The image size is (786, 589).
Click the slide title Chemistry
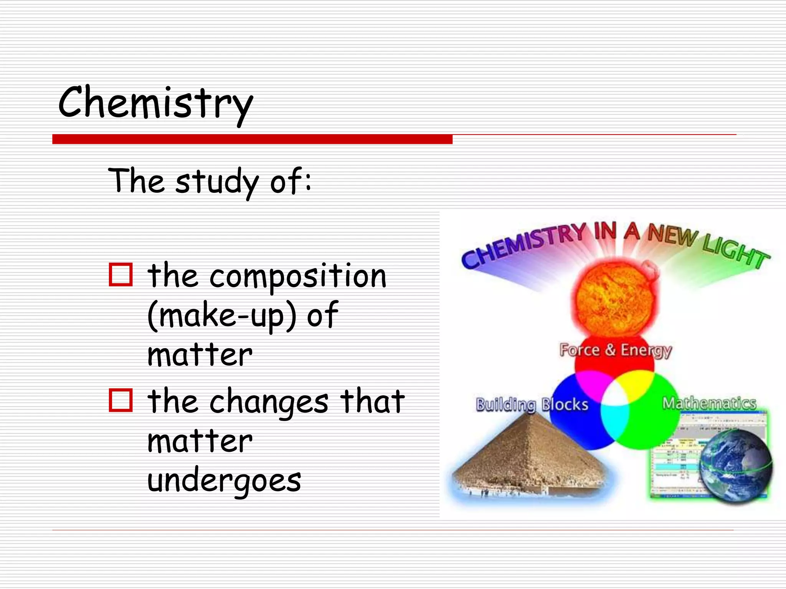[x=155, y=103]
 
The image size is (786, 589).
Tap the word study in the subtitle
[x=217, y=182]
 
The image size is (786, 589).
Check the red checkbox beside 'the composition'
[x=121, y=275]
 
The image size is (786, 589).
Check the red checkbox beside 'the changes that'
[x=121, y=400]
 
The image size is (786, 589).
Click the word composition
[x=298, y=277]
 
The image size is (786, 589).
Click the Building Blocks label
[x=532, y=405]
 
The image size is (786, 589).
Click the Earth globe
[x=735, y=466]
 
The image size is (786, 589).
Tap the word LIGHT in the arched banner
[x=735, y=251]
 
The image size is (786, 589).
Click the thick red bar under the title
[x=252, y=139]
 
